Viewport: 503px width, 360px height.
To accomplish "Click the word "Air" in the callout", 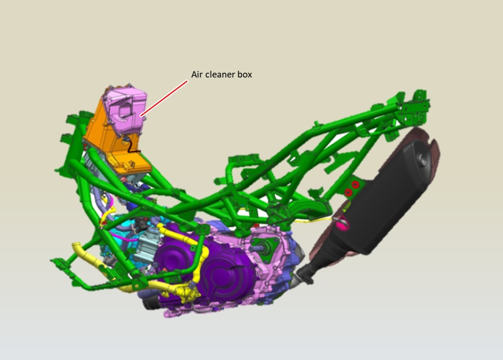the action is coord(196,74).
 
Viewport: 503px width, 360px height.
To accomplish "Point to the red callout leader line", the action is coord(164,98).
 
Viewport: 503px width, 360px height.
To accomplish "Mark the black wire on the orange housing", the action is coord(131,145).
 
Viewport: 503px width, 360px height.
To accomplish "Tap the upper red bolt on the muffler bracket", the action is coord(355,185).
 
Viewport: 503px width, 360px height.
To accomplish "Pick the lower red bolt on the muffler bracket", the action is coord(349,192).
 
